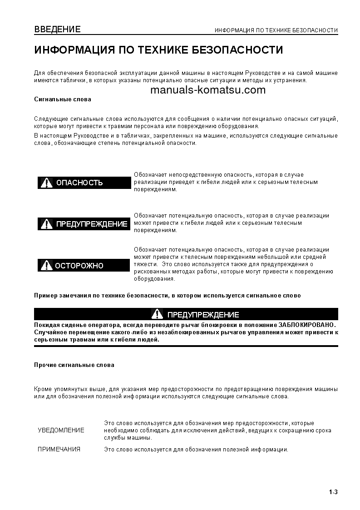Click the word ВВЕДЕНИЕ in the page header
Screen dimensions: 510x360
(x=57, y=30)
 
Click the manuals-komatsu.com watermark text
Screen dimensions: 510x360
(x=207, y=89)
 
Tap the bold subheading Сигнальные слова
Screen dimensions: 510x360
(x=63, y=99)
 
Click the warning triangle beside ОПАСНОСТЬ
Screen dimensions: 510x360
(x=46, y=183)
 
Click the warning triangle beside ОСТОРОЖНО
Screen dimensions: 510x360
(x=46, y=266)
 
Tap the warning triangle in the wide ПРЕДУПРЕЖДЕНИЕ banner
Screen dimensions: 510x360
(x=157, y=314)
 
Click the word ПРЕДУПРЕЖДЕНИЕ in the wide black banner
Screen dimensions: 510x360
(x=203, y=315)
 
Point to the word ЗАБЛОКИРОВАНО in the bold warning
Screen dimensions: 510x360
(x=306, y=325)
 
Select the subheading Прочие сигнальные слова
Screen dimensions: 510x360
(x=74, y=365)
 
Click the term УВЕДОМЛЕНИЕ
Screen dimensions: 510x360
(x=61, y=430)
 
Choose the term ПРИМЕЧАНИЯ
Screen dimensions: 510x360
(x=59, y=450)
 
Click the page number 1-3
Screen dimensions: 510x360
(x=333, y=492)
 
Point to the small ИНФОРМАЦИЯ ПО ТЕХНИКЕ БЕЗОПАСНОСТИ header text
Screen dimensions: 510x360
(x=276, y=30)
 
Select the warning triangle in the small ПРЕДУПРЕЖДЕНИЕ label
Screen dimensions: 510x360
(x=46, y=224)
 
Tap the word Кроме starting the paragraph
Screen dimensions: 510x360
(x=43, y=389)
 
